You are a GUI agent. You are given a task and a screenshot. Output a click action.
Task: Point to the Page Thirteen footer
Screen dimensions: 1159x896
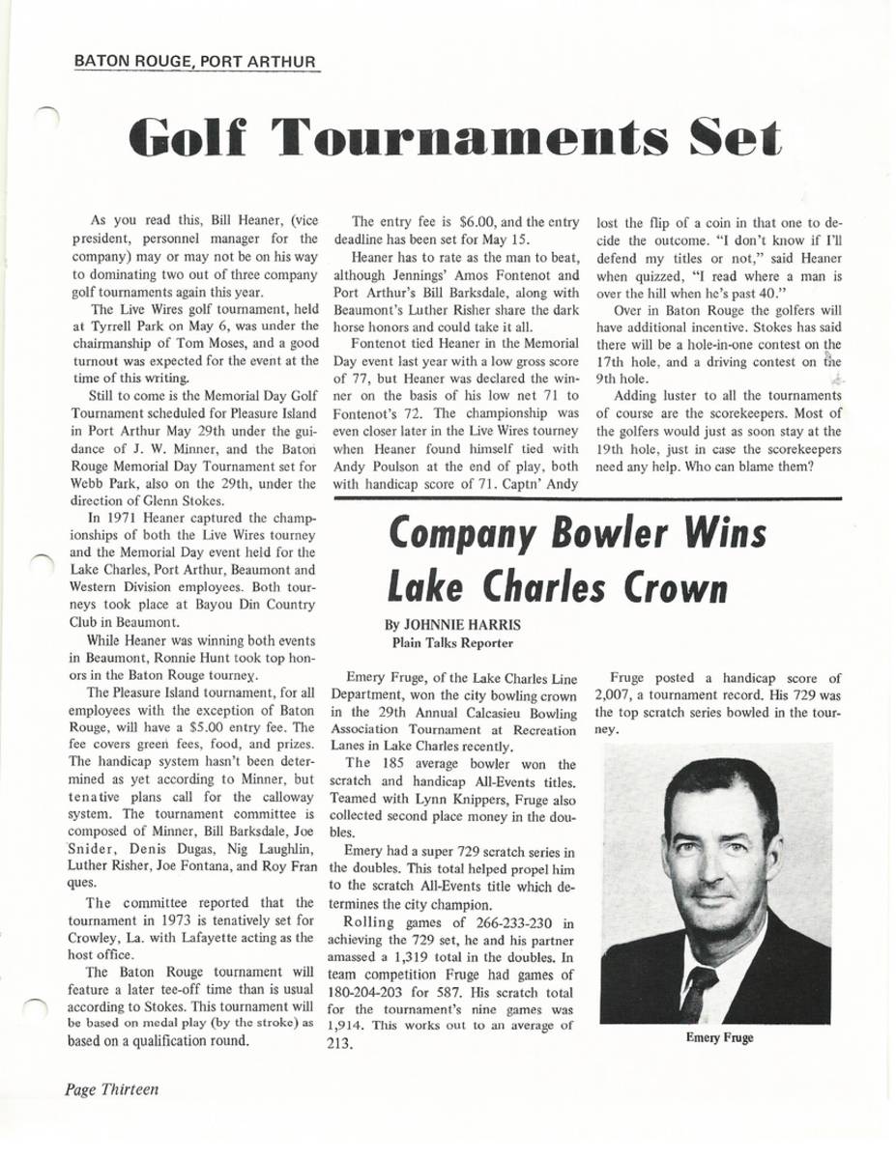(x=112, y=1088)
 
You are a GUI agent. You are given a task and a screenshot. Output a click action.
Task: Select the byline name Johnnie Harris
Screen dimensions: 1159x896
(x=451, y=624)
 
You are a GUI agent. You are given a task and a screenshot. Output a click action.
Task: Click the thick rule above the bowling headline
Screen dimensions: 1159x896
(x=586, y=497)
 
